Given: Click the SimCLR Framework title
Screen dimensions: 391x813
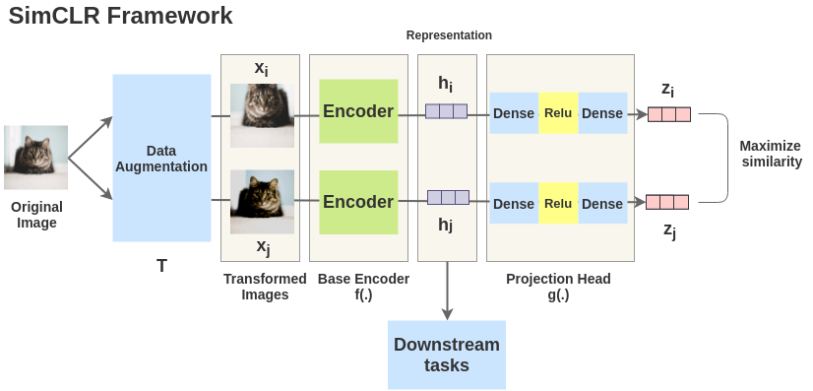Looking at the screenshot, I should (x=121, y=16).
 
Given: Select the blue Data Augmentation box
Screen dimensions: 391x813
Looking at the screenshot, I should (x=161, y=158).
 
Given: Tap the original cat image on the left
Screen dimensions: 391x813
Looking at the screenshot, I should (x=36, y=157).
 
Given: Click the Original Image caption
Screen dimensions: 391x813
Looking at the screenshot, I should (x=36, y=215).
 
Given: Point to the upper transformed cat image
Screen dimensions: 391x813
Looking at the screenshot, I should (x=262, y=115).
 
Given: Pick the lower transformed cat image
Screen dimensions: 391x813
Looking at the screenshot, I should (x=262, y=202).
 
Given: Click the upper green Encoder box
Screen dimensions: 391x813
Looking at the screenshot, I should (x=358, y=111).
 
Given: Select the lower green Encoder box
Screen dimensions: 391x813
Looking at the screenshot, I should (x=358, y=202).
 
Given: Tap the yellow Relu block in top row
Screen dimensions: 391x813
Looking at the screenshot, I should (x=558, y=113).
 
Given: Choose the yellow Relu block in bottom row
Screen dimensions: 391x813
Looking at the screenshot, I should (x=558, y=204).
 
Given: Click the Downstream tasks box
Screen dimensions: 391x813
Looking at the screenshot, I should (x=447, y=355).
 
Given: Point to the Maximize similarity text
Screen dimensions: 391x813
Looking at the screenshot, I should (x=770, y=154).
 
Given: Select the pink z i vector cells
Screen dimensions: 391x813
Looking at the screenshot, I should (x=668, y=114).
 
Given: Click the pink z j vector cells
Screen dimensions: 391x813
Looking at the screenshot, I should (x=666, y=202).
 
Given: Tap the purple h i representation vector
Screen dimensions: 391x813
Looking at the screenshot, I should (x=446, y=111).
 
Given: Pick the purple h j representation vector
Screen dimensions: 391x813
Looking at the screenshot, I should (x=448, y=197).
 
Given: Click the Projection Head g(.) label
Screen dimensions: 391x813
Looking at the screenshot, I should (x=558, y=287).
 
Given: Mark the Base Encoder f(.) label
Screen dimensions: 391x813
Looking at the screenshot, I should (x=358, y=287).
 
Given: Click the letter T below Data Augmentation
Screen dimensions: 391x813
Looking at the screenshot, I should (x=161, y=266).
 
